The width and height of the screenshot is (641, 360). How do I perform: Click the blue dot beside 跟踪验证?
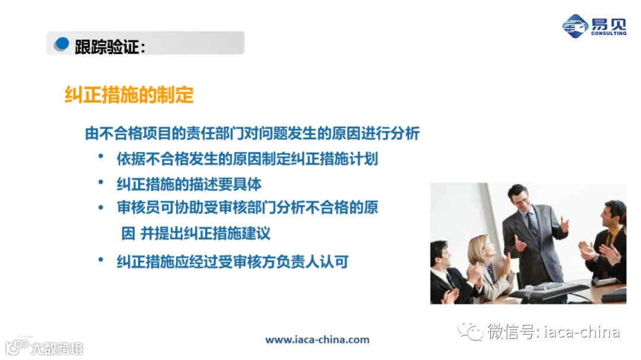pyautogui.click(x=62, y=43)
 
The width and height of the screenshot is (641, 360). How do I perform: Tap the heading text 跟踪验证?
pyautogui.click(x=110, y=46)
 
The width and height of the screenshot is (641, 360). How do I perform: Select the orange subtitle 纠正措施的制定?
pyautogui.click(x=129, y=95)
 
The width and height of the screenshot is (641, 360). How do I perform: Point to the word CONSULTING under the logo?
pyautogui.click(x=608, y=33)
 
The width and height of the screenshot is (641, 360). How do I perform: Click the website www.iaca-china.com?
pyautogui.click(x=317, y=340)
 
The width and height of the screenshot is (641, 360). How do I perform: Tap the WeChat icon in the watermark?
pyautogui.click(x=471, y=331)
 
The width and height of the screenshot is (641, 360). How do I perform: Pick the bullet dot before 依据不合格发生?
pyautogui.click(x=101, y=157)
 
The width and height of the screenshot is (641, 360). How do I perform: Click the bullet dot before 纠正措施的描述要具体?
pyautogui.click(x=101, y=182)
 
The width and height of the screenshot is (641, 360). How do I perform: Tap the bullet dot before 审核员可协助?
pyautogui.click(x=101, y=206)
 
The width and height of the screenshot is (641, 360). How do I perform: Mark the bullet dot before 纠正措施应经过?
pyautogui.click(x=101, y=260)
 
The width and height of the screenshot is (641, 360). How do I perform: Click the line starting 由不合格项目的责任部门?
pyautogui.click(x=252, y=133)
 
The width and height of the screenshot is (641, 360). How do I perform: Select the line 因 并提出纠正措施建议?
pyautogui.click(x=196, y=233)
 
